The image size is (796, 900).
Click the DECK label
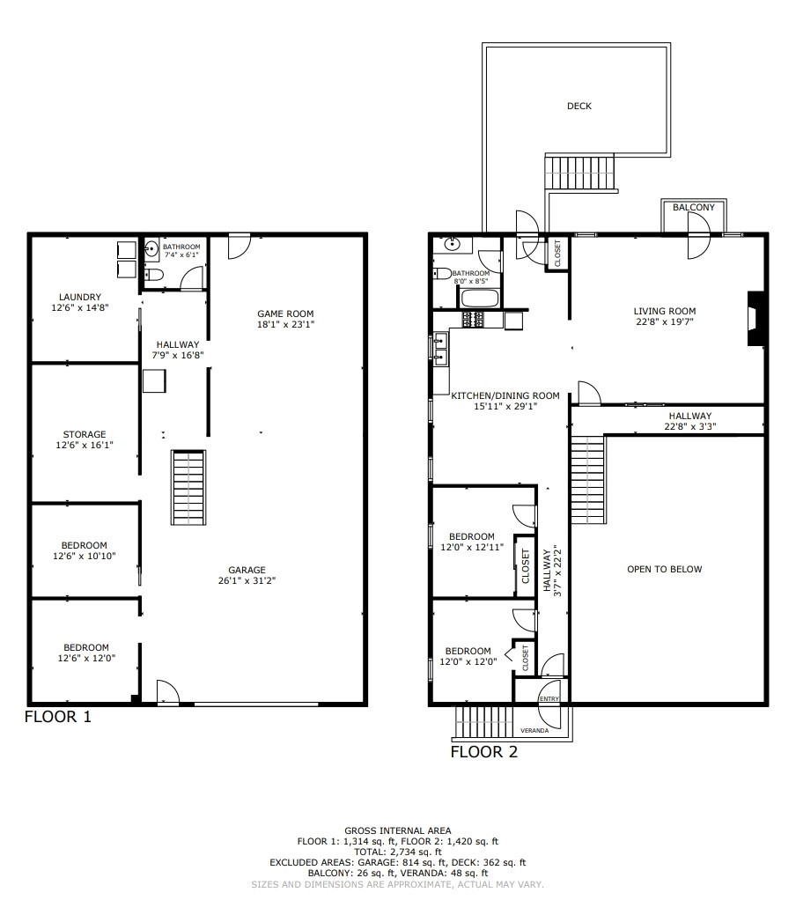tap(579, 106)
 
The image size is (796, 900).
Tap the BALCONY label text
tap(694, 207)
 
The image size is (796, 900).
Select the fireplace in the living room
tap(755, 318)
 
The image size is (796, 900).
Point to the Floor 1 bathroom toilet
tap(155, 276)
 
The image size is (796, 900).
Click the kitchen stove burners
tap(472, 319)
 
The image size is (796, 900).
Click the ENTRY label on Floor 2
tap(549, 698)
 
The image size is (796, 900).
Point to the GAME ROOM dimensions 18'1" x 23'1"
tap(284, 324)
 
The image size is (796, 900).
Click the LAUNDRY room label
tap(80, 297)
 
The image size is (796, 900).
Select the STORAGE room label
tap(85, 434)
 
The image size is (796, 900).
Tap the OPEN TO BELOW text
tap(664, 569)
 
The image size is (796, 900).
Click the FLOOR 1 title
tap(57, 717)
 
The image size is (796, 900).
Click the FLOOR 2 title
tap(483, 752)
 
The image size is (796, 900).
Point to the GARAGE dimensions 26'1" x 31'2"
tap(246, 580)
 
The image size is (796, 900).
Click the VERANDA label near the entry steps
tap(534, 731)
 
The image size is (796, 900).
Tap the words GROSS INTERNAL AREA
tap(397, 830)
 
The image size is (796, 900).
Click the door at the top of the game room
tap(238, 245)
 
